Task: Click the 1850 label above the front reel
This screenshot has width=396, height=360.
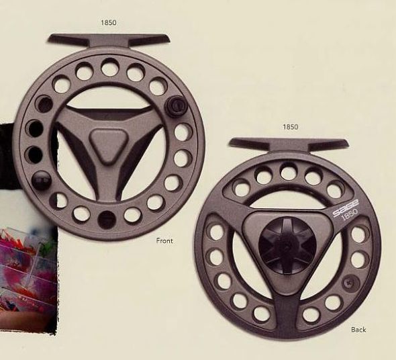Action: click(x=109, y=23)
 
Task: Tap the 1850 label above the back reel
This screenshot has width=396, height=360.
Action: click(x=291, y=127)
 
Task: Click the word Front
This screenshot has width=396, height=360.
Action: click(x=164, y=240)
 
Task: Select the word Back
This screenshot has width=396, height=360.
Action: click(x=358, y=330)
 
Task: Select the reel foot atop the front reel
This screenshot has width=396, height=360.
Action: click(x=109, y=40)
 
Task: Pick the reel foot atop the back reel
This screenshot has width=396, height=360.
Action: click(x=289, y=145)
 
